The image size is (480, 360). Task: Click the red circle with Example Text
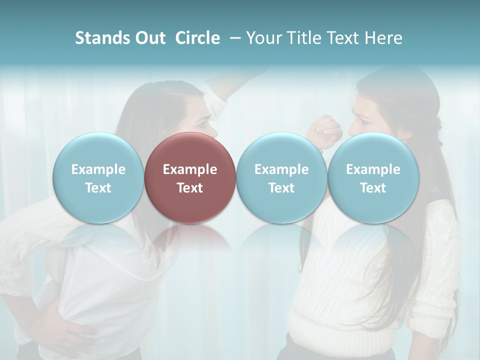click(x=190, y=177)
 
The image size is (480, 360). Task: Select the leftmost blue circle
click(x=98, y=177)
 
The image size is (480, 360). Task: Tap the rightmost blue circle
click(x=373, y=177)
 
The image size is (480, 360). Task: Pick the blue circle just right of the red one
click(x=281, y=177)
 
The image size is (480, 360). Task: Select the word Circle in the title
click(x=197, y=38)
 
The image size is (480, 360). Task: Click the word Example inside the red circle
click(x=190, y=169)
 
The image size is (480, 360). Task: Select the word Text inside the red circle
click(x=190, y=188)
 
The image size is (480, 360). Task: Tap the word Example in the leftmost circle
click(x=98, y=169)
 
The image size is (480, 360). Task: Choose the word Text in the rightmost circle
click(x=373, y=188)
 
